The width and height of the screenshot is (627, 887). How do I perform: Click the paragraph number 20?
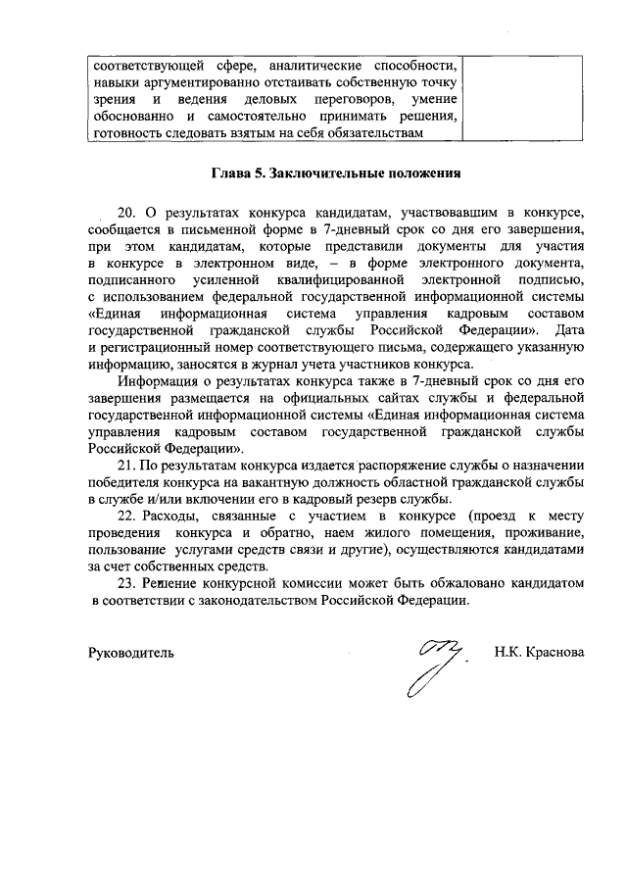click(126, 213)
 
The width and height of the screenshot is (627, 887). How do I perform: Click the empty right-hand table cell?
click(522, 98)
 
